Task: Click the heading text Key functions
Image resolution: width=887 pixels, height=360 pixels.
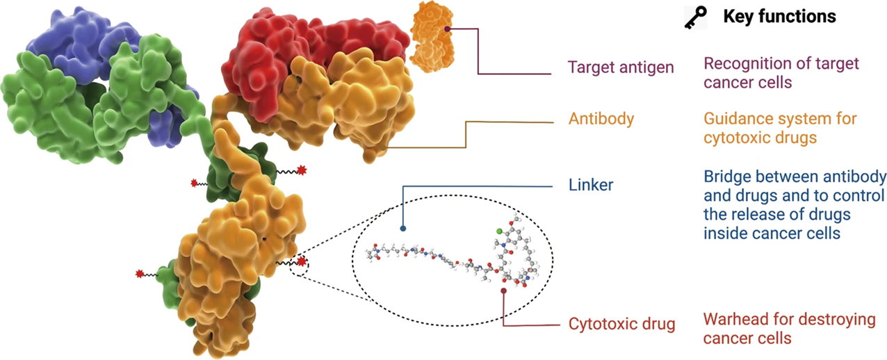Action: pyautogui.click(x=779, y=17)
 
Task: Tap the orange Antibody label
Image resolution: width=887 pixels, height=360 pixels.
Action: pyautogui.click(x=601, y=119)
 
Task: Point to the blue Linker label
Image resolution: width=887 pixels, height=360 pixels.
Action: pyautogui.click(x=591, y=186)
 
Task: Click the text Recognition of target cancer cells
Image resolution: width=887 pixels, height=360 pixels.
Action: pyautogui.click(x=781, y=73)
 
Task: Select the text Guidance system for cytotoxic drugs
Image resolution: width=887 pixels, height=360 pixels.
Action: pyautogui.click(x=780, y=128)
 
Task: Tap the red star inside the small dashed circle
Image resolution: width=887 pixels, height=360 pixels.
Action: pyautogui.click(x=302, y=261)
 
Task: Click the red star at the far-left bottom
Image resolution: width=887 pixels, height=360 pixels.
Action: pyautogui.click(x=140, y=275)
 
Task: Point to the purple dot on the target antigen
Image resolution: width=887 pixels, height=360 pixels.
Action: pyautogui.click(x=448, y=28)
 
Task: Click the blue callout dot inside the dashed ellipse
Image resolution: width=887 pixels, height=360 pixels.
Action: pyautogui.click(x=403, y=227)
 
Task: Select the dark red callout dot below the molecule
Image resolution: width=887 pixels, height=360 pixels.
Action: pyautogui.click(x=503, y=291)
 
